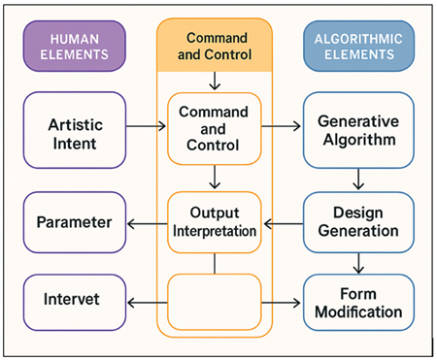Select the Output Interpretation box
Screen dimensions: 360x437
pos(216,222)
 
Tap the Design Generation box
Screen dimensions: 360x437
pos(356,222)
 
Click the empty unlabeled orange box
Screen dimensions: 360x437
pos(216,303)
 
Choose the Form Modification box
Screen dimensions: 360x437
pos(356,303)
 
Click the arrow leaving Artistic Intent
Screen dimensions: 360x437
pos(147,125)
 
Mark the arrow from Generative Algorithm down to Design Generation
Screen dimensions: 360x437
pos(357,178)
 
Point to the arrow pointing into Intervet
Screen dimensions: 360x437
pos(147,303)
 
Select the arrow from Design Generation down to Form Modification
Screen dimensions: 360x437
pos(357,261)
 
